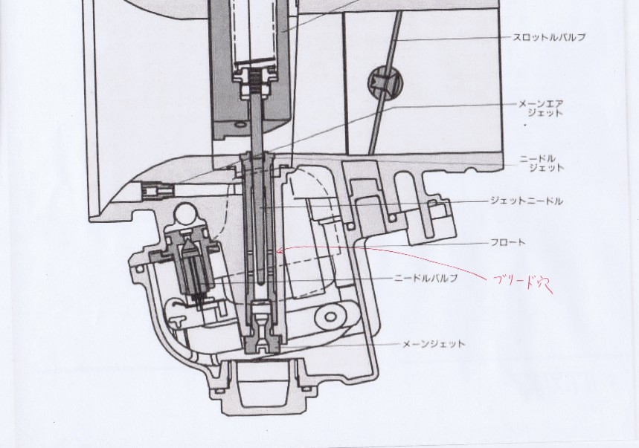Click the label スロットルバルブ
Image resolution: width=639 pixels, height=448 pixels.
(x=549, y=36)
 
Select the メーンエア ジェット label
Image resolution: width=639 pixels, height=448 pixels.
(x=540, y=108)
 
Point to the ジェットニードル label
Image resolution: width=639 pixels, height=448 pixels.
(x=526, y=201)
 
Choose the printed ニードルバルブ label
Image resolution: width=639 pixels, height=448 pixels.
(x=425, y=278)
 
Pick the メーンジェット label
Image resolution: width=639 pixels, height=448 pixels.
(x=434, y=344)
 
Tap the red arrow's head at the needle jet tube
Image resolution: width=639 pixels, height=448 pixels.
(x=278, y=252)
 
